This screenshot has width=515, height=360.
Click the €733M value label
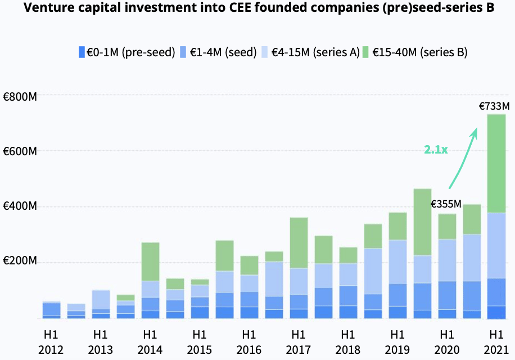pyautogui.click(x=494, y=106)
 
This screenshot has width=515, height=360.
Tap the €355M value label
pyautogui.click(x=446, y=204)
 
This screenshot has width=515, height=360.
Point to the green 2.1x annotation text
pyautogui.click(x=436, y=150)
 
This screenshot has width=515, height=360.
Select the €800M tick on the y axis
pyautogui.click(x=20, y=97)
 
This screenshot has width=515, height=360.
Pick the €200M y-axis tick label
pyautogui.click(x=20, y=260)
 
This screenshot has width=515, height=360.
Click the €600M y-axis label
pyautogui.click(x=20, y=151)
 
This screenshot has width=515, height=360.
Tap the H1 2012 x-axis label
pyautogui.click(x=51, y=342)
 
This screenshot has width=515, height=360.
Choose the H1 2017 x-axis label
pyautogui.click(x=298, y=342)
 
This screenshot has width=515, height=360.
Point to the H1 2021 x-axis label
pyautogui.click(x=496, y=342)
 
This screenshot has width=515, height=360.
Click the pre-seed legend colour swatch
pyautogui.click(x=82, y=52)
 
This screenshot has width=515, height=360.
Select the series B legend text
pyautogui.click(x=420, y=52)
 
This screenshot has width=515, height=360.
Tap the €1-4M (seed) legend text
pyautogui.click(x=223, y=52)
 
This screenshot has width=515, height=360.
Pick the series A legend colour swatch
pyautogui.click(x=265, y=52)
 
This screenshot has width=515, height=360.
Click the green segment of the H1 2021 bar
pyautogui.click(x=496, y=164)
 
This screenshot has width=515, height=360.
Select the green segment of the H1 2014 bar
pyautogui.click(x=151, y=262)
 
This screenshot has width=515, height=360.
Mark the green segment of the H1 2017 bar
pyautogui.click(x=299, y=243)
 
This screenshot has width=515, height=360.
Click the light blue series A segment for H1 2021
pyautogui.click(x=496, y=246)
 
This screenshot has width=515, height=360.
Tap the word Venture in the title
pyautogui.click(x=48, y=7)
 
